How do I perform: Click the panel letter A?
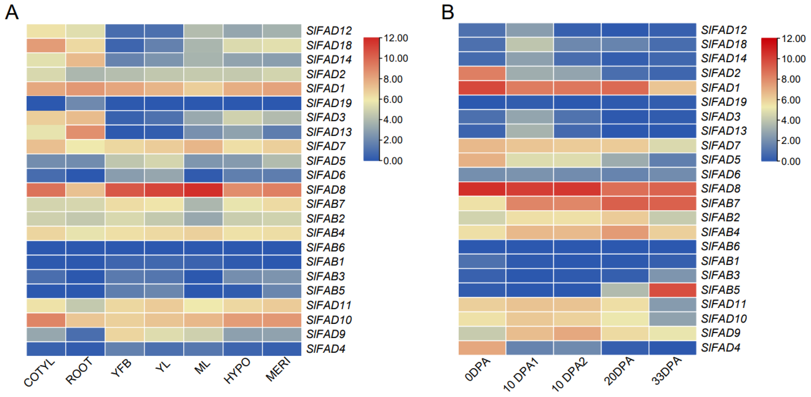12,13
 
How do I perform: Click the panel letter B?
448,13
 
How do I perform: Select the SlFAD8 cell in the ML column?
203,190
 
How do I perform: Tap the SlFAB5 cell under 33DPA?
673,290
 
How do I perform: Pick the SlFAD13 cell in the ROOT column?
85,132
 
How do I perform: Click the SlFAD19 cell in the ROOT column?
85,103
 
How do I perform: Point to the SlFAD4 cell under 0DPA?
482,348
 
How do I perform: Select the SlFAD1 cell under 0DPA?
482,88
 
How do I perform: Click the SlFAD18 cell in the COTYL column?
46,45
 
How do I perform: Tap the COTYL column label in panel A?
40,373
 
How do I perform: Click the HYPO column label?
237,371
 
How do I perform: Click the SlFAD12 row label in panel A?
329,31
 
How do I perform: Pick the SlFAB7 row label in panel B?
720,203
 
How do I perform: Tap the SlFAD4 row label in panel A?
326,349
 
